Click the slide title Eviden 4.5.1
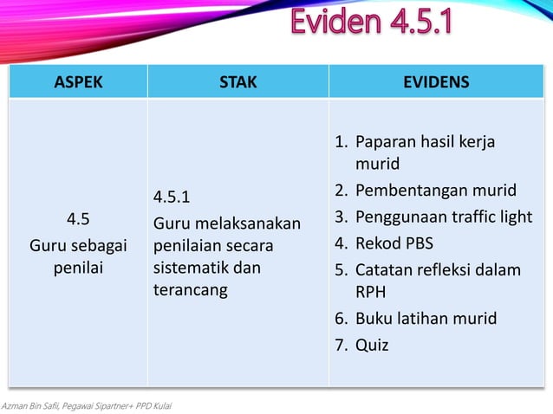coord(371,23)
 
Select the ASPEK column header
coord(78,82)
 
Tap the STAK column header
coord(237,82)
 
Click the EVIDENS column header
coord(436,82)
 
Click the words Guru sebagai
coord(78,245)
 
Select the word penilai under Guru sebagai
coord(78,268)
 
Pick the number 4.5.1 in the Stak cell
coord(172,195)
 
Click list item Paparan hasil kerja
coord(425,141)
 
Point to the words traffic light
coord(491,217)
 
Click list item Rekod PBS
coord(394,243)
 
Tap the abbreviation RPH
coord(371,292)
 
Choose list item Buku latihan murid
coord(426,318)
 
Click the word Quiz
coord(372,345)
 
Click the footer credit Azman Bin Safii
coord(35,406)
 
